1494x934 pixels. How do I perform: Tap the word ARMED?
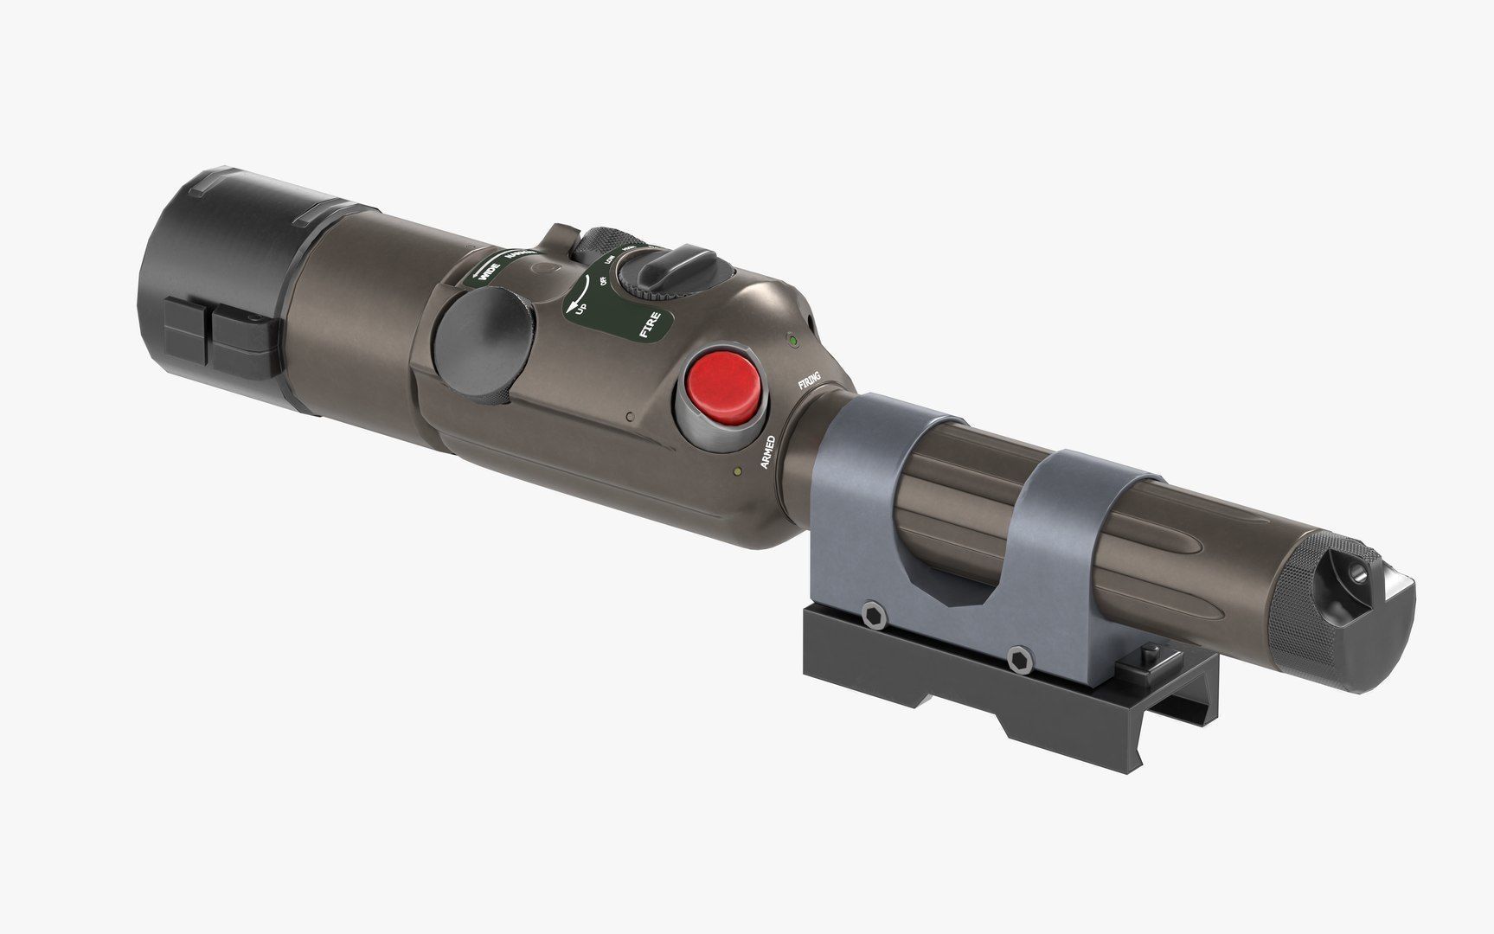click(x=766, y=449)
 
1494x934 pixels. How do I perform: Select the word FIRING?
click(x=810, y=379)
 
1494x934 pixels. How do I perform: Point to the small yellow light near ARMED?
click(x=736, y=471)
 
